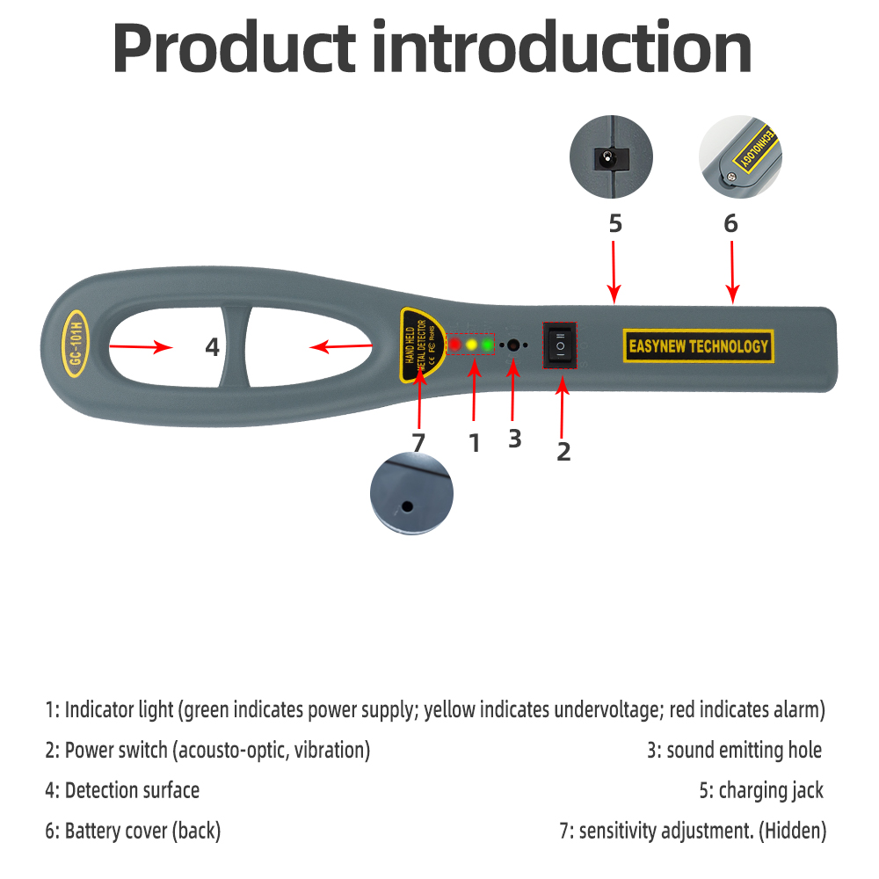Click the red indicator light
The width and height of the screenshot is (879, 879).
tap(454, 345)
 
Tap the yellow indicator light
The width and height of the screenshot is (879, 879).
tap(471, 345)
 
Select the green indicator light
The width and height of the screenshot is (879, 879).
tap(488, 345)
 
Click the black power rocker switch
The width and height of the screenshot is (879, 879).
tap(560, 345)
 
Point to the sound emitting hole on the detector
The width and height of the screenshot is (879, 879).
tap(513, 345)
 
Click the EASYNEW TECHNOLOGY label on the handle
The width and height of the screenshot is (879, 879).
tap(699, 345)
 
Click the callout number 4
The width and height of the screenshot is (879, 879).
tap(212, 347)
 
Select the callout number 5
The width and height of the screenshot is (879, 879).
tap(615, 223)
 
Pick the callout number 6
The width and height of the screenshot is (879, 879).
tap(730, 223)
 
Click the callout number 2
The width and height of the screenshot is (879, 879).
tap(563, 451)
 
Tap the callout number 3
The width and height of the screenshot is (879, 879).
tap(514, 439)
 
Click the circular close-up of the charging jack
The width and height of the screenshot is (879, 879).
tap(611, 156)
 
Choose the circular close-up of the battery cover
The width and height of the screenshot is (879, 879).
tap(740, 156)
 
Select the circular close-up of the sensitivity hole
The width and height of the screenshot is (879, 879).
tap(411, 493)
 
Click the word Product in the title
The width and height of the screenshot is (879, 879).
tap(234, 47)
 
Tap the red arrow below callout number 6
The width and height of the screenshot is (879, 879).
tap(732, 272)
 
